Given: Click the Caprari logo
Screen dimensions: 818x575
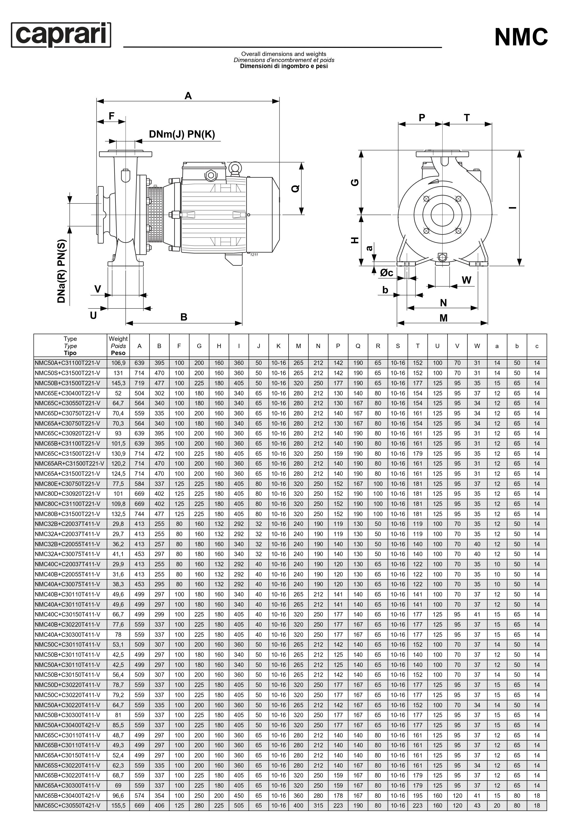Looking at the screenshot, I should click(61, 35).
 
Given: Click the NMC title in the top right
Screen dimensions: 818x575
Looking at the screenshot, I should click(521, 37).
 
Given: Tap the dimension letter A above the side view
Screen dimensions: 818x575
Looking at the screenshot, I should click(188, 96).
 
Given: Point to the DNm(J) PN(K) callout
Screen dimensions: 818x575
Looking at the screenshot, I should click(182, 134).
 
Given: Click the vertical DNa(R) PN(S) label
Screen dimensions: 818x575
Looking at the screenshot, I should click(62, 271).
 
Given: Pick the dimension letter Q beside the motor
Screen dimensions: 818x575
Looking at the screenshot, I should click(295, 189).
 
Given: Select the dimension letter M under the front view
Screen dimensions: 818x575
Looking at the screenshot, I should click(443, 318).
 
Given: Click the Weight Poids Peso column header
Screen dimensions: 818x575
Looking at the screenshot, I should click(118, 346).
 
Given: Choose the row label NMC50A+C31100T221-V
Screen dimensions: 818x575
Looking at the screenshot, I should click(67, 363).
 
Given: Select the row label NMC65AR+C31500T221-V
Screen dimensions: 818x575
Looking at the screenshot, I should click(69, 463).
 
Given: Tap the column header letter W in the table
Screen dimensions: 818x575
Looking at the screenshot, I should click(477, 346).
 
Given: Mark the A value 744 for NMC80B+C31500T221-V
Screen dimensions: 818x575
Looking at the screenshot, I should click(139, 514).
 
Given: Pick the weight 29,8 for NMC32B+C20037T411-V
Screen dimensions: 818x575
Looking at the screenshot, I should click(118, 524).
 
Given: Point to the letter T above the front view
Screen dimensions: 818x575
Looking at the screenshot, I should click(467, 118).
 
